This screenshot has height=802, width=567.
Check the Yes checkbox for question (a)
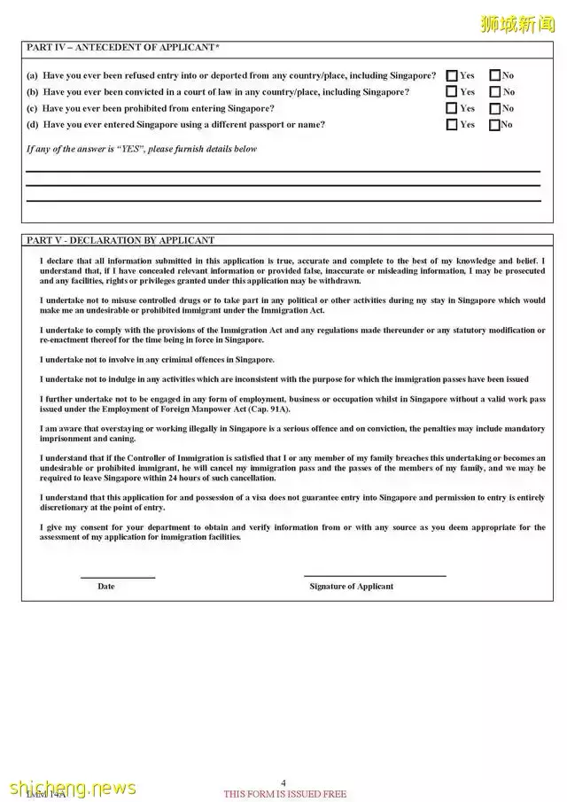click(452, 75)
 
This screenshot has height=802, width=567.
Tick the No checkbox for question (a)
click(494, 75)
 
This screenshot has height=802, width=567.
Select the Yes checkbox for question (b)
click(452, 91)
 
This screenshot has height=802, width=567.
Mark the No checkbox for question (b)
click(494, 91)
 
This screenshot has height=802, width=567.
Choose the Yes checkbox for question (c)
click(452, 108)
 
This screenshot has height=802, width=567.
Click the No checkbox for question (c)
click(494, 108)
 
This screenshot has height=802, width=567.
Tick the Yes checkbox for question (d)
click(452, 125)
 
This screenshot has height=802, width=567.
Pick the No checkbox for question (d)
click(494, 125)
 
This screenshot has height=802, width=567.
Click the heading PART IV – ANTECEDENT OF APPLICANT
click(123, 46)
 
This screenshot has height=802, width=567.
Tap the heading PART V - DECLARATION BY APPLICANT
click(120, 240)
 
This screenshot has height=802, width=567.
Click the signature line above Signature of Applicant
click(375, 576)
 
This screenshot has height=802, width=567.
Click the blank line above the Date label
click(118, 578)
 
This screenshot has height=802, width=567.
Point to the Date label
click(106, 587)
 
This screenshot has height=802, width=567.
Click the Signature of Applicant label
click(352, 587)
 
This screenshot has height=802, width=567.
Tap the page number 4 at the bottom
click(283, 783)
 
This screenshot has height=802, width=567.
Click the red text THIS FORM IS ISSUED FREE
click(285, 794)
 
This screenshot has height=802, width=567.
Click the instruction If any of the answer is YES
click(142, 149)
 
